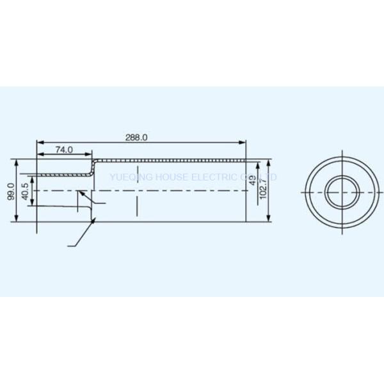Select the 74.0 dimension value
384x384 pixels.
coord(64,150)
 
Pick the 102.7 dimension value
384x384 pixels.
coord(264,189)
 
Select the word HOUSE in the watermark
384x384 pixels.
coord(169,176)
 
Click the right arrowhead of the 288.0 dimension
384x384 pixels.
coord(244,142)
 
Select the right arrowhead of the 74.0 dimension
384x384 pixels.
coord(92,154)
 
